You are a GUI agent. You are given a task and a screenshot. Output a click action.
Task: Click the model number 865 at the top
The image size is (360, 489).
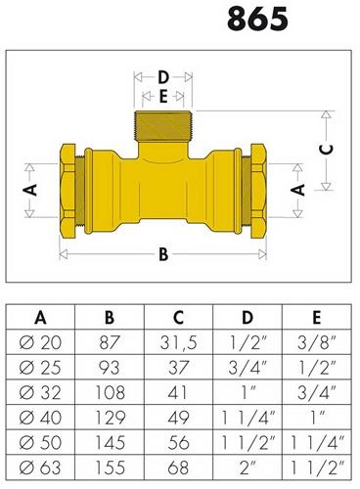tap(257, 19)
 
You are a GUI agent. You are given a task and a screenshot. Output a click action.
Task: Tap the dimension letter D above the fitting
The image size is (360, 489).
tap(163, 77)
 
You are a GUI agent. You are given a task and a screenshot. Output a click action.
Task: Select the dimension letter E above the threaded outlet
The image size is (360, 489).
tap(163, 97)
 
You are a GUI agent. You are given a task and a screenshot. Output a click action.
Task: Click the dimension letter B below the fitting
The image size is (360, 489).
tap(163, 254)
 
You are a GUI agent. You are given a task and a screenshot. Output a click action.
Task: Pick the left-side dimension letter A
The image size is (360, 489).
tap(30, 190)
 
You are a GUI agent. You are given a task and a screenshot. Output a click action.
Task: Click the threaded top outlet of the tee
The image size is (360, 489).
tap(163, 126)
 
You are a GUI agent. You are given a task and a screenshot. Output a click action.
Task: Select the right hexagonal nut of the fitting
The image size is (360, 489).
tap(258, 192)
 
